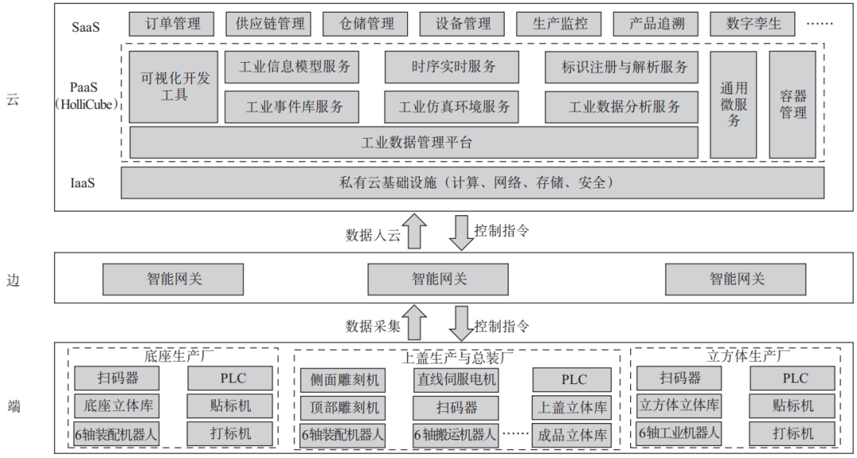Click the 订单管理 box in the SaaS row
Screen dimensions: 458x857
pyautogui.click(x=171, y=24)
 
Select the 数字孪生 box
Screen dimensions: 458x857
pyautogui.click(x=753, y=24)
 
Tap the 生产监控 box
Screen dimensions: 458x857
pyautogui.click(x=559, y=24)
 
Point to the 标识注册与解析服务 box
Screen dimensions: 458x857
pyautogui.click(x=624, y=67)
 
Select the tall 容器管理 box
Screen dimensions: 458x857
pyautogui.click(x=792, y=105)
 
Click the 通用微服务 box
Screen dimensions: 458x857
pyautogui.click(x=733, y=105)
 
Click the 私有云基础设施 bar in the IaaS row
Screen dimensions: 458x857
pyautogui.click(x=472, y=183)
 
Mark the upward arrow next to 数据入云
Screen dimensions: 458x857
pyautogui.click(x=413, y=232)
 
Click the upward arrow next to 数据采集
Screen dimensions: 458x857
pyautogui.click(x=413, y=323)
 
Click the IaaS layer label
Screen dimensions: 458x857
pyautogui.click(x=83, y=183)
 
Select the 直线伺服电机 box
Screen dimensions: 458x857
pyautogui.click(x=455, y=379)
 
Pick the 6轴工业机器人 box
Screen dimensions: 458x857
pyautogui.click(x=680, y=433)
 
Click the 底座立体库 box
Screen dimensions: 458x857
pyautogui.click(x=117, y=406)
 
